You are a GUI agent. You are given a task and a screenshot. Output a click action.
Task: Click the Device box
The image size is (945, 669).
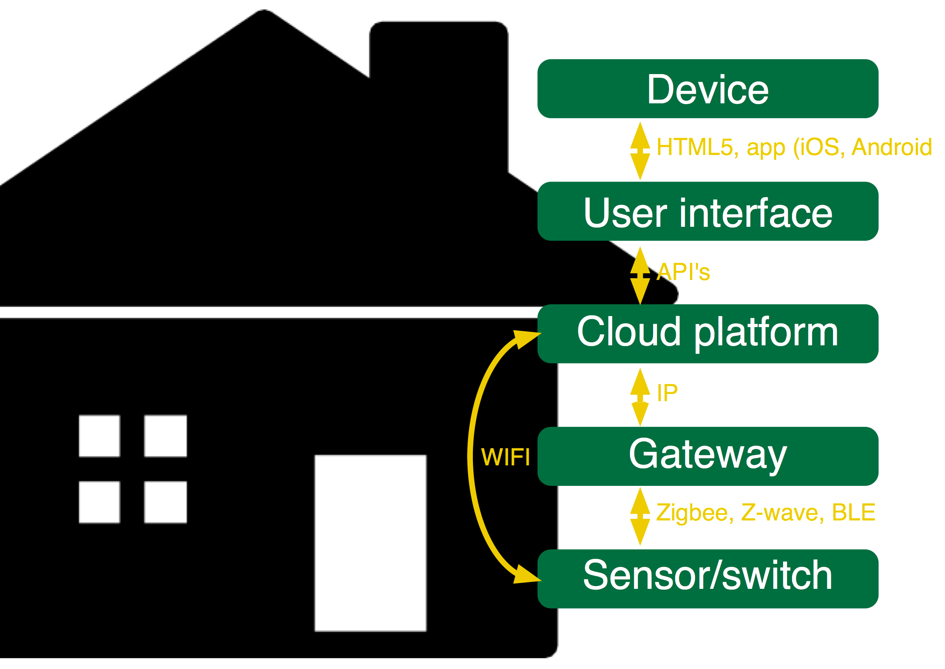coord(707,89)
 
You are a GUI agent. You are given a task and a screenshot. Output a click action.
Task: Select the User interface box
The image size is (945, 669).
coord(707,211)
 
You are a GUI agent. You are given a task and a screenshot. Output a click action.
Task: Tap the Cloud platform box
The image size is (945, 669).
coord(707,334)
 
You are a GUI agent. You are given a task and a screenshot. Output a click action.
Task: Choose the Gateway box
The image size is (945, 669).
coord(707,456)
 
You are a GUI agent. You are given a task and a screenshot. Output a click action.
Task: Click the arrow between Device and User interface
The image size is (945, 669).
coord(640,151)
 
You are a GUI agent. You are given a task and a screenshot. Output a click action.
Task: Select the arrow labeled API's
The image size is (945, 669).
coord(640,275)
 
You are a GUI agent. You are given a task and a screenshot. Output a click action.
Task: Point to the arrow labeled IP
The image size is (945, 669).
coord(640,397)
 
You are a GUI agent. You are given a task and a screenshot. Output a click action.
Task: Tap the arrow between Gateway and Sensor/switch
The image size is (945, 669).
coord(640,516)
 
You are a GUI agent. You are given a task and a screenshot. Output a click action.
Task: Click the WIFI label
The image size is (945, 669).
coord(506,457)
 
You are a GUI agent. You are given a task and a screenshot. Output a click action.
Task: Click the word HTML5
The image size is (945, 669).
coord(695,147)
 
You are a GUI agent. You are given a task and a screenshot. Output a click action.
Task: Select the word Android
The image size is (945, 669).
coord(891,147)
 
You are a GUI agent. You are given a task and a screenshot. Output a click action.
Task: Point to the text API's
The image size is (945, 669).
coord(683,272)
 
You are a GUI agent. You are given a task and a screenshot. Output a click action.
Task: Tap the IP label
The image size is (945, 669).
coord(667,392)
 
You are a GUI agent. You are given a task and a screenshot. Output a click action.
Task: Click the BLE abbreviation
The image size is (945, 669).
coord(853,513)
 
